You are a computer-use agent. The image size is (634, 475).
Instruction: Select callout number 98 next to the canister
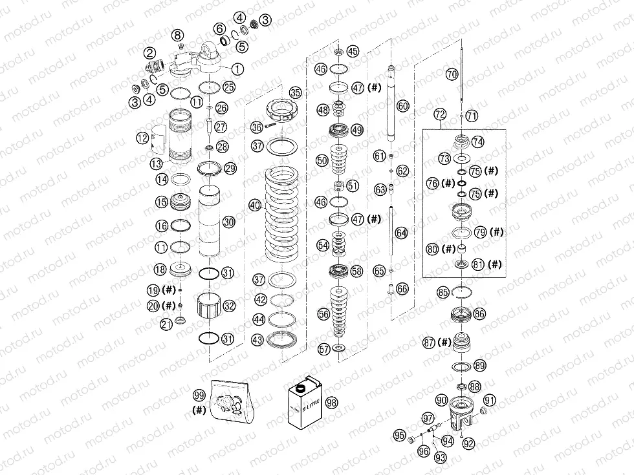(x=332, y=402)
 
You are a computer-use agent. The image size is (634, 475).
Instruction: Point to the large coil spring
(x=283, y=211)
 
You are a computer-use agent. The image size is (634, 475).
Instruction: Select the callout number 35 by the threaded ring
(x=295, y=92)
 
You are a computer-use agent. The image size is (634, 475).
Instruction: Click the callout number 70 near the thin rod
(x=452, y=75)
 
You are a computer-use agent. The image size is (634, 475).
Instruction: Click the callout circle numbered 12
(x=142, y=138)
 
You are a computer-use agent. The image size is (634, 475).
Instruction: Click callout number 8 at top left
(x=178, y=34)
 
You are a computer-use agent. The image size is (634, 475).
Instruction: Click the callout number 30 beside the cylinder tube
(x=228, y=222)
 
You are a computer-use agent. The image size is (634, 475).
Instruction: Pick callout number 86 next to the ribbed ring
(x=479, y=314)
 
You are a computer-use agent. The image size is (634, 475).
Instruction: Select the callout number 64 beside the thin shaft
(x=402, y=233)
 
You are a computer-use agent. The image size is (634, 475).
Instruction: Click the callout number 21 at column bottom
(x=166, y=323)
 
